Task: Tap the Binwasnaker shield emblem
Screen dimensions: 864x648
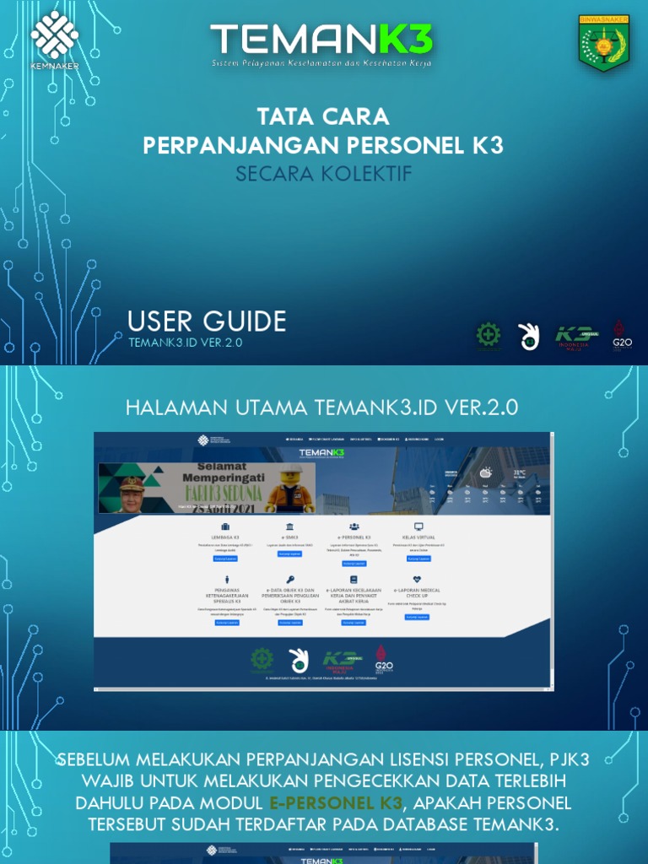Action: [x=603, y=42]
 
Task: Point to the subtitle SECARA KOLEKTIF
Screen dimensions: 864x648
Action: [x=323, y=174]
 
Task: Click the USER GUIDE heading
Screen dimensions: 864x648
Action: [x=207, y=321]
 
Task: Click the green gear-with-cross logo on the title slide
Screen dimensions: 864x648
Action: [x=488, y=336]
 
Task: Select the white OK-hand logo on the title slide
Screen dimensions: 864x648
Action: [x=529, y=336]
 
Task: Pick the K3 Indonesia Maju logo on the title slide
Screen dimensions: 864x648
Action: [x=577, y=337]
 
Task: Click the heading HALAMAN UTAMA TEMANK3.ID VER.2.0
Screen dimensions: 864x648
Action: [x=322, y=408]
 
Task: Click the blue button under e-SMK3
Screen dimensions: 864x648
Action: [x=289, y=553]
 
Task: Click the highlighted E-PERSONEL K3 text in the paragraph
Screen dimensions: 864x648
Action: [x=337, y=802]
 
